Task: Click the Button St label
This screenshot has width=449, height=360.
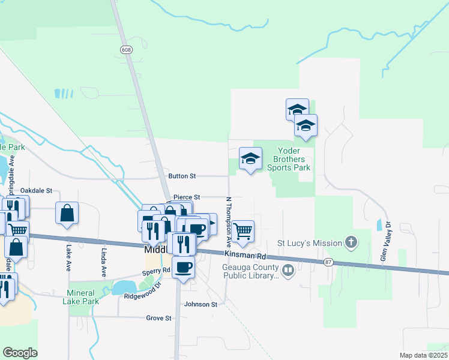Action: pos(182,176)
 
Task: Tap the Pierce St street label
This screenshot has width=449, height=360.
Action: pos(186,197)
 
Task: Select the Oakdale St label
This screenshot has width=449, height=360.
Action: pos(37,190)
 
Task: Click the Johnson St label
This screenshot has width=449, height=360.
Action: pos(200,304)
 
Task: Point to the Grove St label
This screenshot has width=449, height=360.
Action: pos(159,318)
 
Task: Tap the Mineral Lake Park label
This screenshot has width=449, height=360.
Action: pos(80,298)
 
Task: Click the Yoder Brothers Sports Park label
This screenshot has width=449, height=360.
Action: pos(293,159)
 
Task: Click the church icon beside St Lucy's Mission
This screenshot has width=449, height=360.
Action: pos(352,243)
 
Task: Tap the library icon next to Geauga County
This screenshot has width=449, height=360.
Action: pos(288,271)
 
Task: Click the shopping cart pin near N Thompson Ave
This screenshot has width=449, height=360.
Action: pos(243,231)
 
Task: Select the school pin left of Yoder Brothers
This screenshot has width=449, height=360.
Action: pos(250,158)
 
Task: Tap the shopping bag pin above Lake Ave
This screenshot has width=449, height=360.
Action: pos(67,212)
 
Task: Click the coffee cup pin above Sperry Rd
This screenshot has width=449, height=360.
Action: pos(183,266)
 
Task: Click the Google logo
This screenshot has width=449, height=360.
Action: pos(20,353)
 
